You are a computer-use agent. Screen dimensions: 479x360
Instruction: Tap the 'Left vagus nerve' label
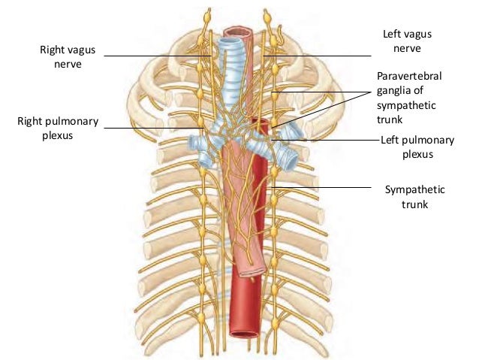click(x=402, y=41)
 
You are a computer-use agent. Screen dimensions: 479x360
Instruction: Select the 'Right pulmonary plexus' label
click(x=53, y=129)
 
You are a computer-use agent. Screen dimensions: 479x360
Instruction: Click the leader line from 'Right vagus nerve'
click(x=150, y=56)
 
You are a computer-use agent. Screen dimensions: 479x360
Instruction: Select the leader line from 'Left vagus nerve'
click(x=315, y=56)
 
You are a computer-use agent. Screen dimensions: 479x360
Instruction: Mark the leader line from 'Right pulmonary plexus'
click(x=150, y=128)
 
